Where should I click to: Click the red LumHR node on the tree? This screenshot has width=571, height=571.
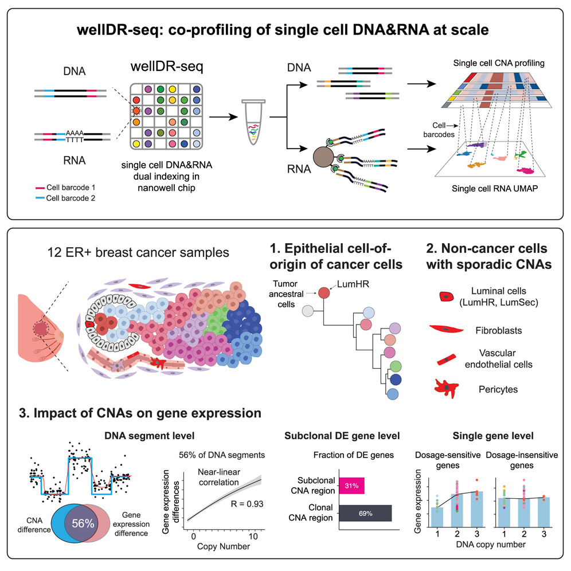click(x=324, y=292)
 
